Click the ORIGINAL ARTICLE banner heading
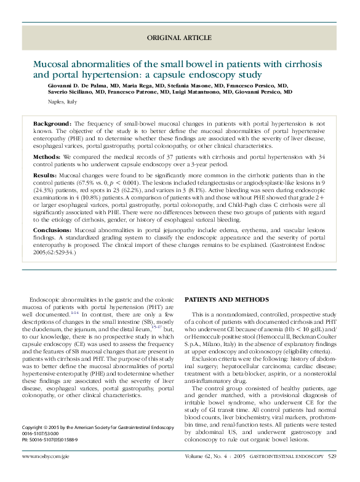point(179,38)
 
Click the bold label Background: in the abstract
point(52,124)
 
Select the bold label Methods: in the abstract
point(47,158)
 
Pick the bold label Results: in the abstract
point(46,175)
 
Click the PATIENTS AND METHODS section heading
point(226,299)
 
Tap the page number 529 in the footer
point(332,456)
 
